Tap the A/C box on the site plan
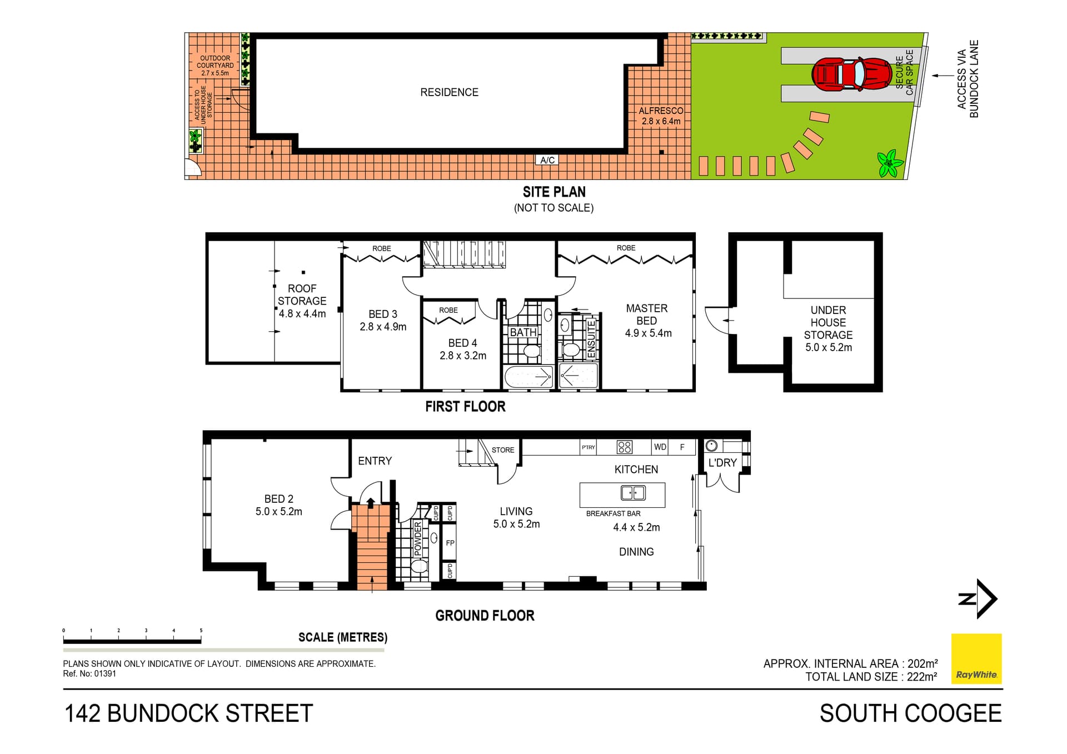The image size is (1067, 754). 547,160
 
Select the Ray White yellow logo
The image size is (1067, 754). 976,658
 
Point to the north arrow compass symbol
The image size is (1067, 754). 979,599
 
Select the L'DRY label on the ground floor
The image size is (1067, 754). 722,463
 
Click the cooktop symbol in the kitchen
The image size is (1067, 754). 625,447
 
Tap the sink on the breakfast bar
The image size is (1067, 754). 633,493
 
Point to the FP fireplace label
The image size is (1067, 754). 450,543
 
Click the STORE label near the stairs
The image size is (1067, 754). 503,450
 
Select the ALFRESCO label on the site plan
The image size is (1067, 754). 661,111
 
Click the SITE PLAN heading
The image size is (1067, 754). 554,192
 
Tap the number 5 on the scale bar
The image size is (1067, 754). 201,631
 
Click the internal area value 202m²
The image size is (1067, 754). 923,663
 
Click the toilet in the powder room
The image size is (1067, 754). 419,566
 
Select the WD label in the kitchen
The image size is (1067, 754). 660,447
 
